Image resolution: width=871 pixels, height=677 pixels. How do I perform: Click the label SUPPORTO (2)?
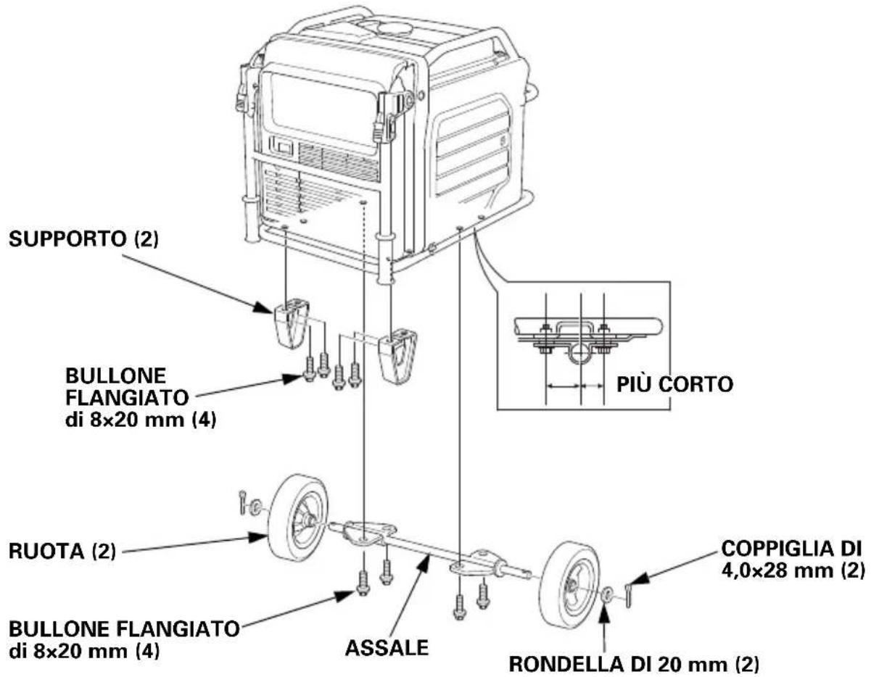click(84, 240)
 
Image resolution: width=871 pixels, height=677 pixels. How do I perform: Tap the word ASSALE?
click(387, 648)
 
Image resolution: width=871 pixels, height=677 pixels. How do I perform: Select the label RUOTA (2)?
click(62, 552)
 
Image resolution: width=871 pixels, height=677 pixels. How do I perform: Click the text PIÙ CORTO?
click(674, 385)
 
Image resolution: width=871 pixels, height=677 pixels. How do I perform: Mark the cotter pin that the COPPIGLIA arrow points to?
click(628, 596)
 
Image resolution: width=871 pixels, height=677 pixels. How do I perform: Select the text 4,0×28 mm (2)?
click(793, 571)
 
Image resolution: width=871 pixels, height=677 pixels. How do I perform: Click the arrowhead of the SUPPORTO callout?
click(265, 309)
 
